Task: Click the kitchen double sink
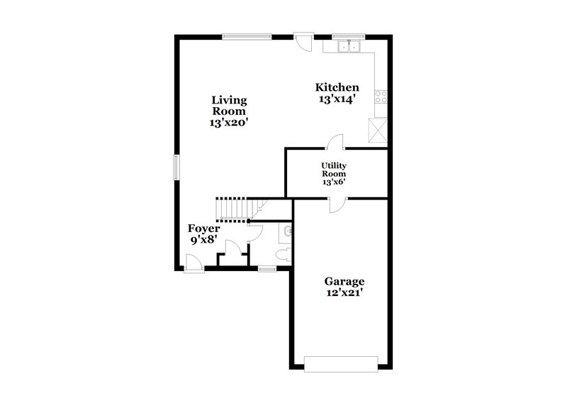[349, 48]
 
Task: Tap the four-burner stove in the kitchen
[381, 97]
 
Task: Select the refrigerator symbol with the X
[377, 130]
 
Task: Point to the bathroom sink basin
[286, 231]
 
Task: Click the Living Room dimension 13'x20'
[228, 123]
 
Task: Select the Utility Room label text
[334, 169]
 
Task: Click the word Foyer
[203, 228]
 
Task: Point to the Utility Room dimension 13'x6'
[334, 182]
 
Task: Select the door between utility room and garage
[337, 204]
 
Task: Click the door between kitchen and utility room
[335, 143]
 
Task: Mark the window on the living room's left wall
[176, 167]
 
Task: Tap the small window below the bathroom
[266, 269]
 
